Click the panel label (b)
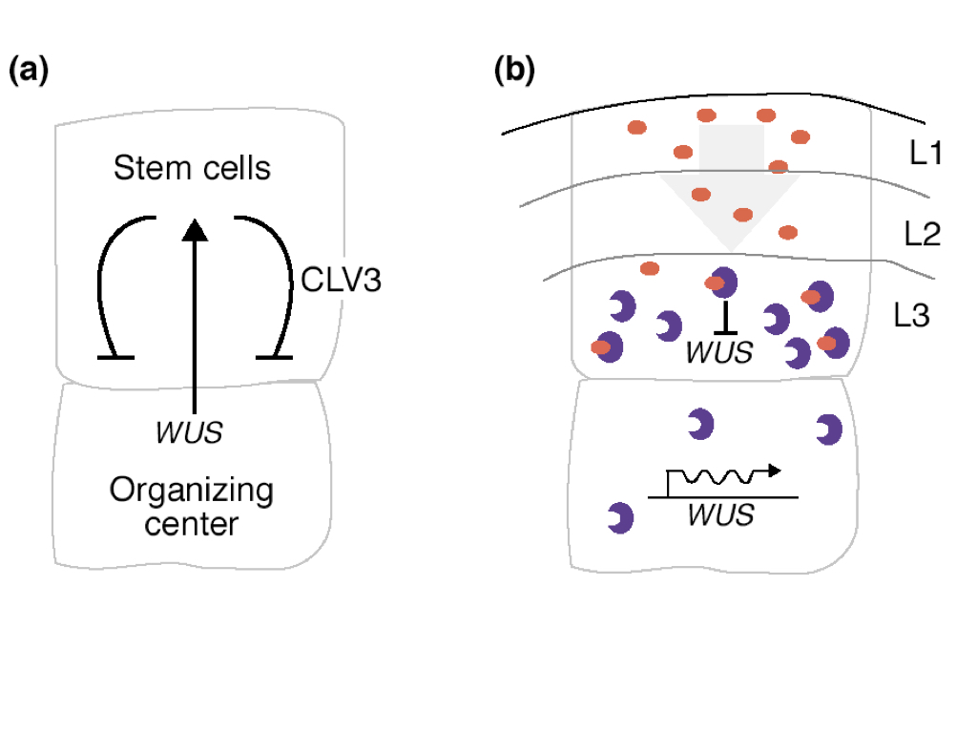click(515, 71)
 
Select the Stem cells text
click(192, 169)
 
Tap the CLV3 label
click(342, 281)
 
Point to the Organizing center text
click(192, 508)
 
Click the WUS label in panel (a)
click(189, 432)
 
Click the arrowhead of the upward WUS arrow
click(195, 228)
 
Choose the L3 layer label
click(912, 316)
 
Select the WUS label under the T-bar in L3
click(720, 351)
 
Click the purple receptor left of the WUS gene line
click(621, 518)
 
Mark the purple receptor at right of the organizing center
click(828, 429)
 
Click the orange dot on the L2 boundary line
click(779, 167)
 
